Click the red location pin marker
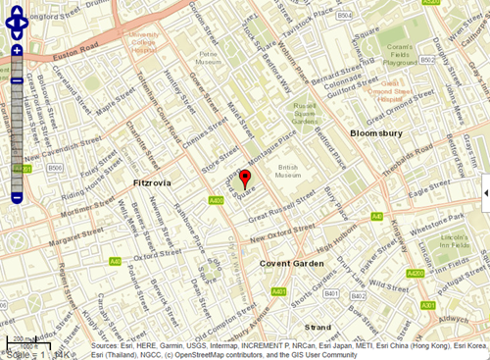coord(246,178)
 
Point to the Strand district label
coord(318,326)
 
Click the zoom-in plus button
coord(16,50)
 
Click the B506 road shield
coord(55,169)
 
